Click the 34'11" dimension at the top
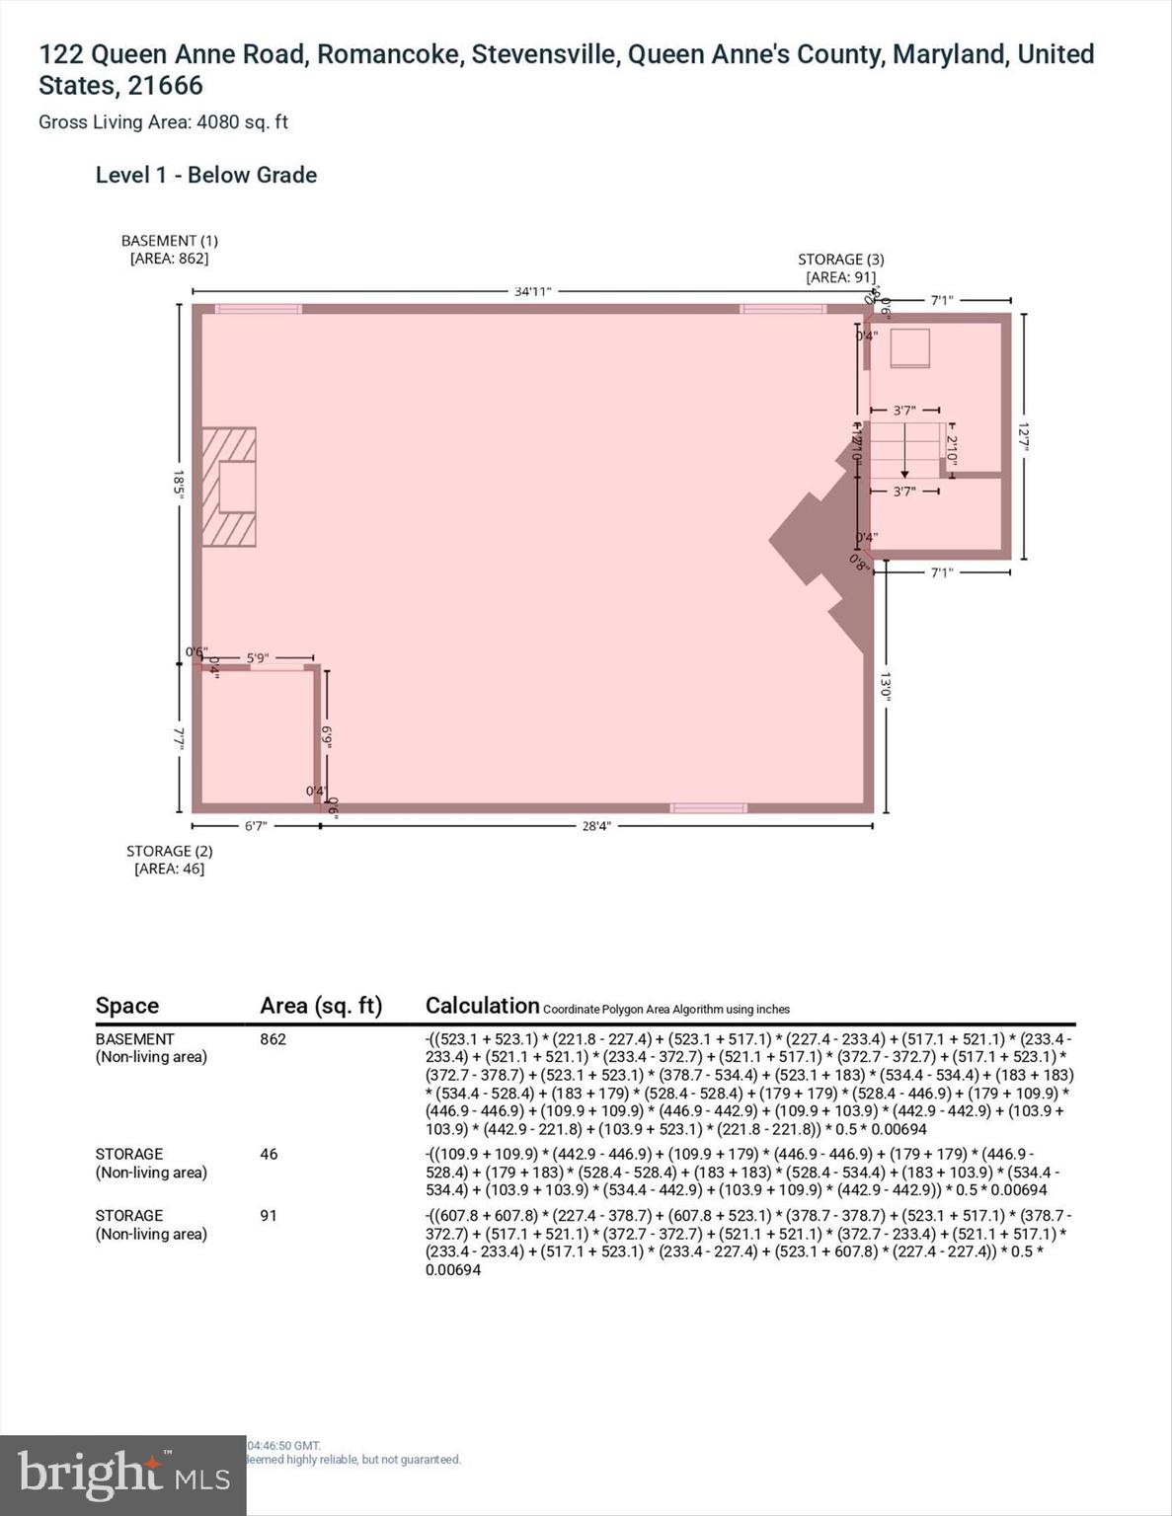532,291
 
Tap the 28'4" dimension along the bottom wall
595,826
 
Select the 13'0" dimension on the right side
886,686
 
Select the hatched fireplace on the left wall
229,487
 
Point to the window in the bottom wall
708,808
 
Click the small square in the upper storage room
910,348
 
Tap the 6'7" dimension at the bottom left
255,826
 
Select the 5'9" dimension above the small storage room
258,657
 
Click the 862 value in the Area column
273,1039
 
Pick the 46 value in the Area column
269,1154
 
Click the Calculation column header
482,1006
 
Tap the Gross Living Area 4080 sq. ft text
163,122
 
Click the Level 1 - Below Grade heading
206,176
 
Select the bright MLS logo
122,1475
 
